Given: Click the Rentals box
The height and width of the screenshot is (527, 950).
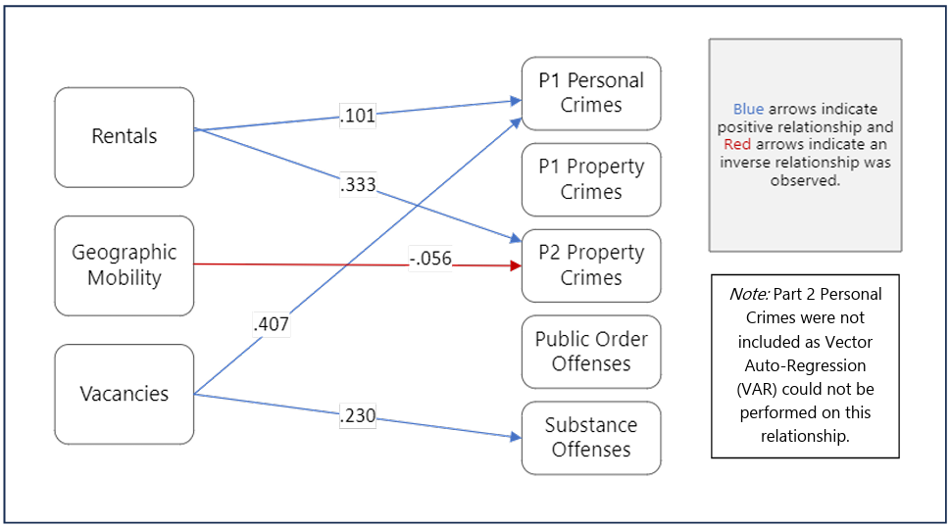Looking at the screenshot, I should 124,137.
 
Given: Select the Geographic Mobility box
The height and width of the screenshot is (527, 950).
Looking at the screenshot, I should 124,265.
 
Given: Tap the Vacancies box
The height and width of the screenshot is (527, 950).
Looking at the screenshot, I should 124,394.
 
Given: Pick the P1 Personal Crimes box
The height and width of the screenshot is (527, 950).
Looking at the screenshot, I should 591,93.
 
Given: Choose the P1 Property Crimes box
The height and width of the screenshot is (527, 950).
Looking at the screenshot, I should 591,179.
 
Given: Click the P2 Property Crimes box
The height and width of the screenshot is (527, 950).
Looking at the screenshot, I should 591,265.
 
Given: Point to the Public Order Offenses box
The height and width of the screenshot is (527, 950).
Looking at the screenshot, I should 591,351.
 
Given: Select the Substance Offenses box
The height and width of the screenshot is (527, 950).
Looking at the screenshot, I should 591,437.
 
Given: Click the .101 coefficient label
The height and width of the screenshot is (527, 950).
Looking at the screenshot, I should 358,115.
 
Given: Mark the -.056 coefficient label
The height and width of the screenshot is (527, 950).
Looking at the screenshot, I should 430,260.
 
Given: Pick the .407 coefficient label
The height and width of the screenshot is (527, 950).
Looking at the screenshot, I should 272,323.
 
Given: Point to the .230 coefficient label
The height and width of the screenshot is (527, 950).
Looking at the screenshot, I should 358,416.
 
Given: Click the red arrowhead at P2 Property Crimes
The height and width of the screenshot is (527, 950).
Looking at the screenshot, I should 514,265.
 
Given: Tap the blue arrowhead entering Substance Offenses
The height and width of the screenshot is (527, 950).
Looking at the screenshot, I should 514,437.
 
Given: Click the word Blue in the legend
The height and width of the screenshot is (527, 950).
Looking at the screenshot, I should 749,110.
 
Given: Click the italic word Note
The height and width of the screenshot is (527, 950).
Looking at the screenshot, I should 749,294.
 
